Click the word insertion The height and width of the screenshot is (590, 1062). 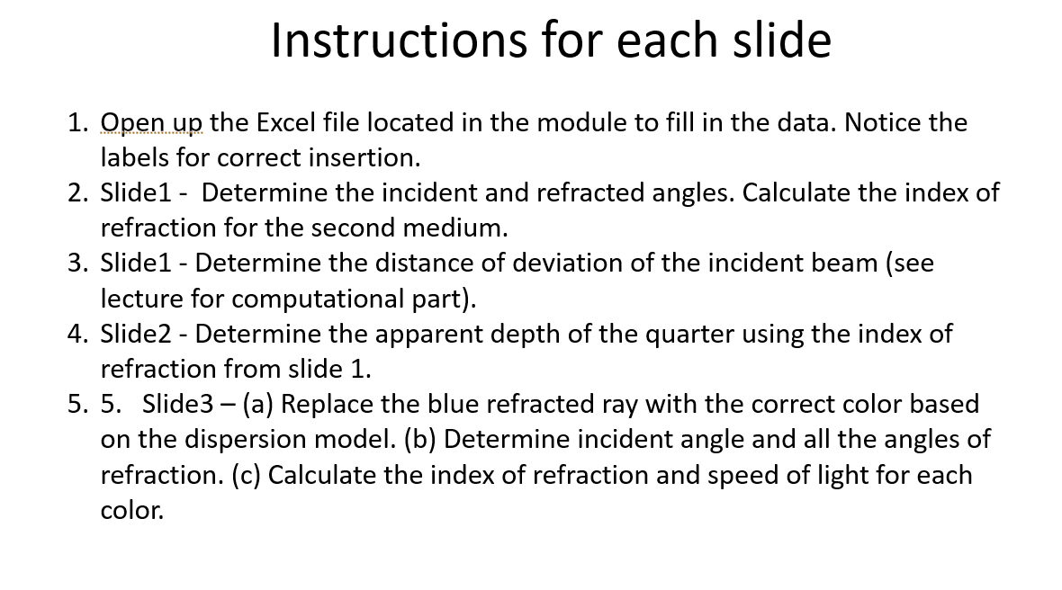368,157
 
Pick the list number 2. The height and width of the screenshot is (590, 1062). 76,192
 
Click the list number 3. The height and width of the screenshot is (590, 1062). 76,264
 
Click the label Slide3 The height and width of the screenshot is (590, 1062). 176,404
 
